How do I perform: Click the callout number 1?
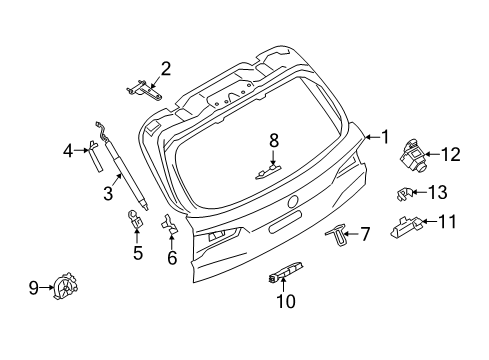[x=382, y=137]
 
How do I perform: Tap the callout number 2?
[x=165, y=69]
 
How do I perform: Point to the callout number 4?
[x=68, y=151]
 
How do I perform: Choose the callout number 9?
[x=33, y=289]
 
